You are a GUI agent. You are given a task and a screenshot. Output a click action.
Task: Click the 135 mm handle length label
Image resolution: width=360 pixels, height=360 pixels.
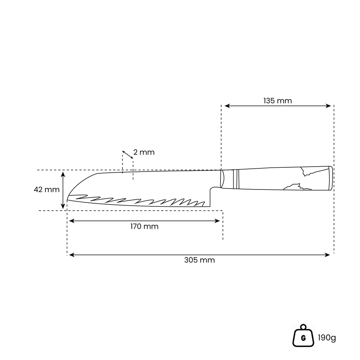coord(277,101)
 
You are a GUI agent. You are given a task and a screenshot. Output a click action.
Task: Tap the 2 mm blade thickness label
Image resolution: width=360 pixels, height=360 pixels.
coord(144,152)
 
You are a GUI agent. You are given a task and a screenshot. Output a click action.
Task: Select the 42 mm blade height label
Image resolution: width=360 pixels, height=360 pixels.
coord(47,189)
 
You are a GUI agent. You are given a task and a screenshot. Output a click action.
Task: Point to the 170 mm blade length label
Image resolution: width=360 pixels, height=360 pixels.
coord(144,226)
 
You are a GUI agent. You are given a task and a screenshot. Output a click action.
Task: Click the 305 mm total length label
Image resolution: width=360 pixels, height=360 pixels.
coord(200,260)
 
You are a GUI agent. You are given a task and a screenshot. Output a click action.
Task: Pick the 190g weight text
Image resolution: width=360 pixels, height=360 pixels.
coord(327,338)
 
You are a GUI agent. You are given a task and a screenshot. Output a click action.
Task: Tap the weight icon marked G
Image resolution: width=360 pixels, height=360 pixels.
coord(303,335)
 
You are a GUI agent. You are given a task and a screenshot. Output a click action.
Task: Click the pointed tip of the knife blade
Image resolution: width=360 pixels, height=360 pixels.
coord(67,201)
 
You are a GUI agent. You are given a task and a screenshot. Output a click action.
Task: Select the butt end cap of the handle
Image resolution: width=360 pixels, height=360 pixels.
coord(330,178)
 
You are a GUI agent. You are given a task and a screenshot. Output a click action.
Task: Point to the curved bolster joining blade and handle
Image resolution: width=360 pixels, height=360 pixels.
coord(222,179)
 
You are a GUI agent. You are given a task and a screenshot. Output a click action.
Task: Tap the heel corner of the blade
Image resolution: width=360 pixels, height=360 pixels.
coord(210,206)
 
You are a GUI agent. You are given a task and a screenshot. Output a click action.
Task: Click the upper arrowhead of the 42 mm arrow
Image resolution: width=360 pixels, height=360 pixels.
coord(63,174)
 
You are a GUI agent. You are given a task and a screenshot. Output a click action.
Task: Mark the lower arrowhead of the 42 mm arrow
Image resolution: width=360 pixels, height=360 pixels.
coord(63,206)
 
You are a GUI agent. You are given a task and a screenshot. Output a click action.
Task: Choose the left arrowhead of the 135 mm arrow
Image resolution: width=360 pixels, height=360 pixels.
coord(227,106)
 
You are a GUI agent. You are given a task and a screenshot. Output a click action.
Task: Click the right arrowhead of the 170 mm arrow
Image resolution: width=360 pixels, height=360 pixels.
coord(217,221)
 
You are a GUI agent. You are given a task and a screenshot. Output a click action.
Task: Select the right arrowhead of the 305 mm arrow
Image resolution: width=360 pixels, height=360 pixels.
coord(327,255)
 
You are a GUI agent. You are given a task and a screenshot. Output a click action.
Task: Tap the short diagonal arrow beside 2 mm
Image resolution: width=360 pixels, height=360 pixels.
coord(127,155)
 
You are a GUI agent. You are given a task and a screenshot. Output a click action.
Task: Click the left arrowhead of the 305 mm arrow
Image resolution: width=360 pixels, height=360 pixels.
coord(72,255)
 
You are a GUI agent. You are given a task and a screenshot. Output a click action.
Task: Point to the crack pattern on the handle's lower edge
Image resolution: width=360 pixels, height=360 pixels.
coord(297,187)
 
